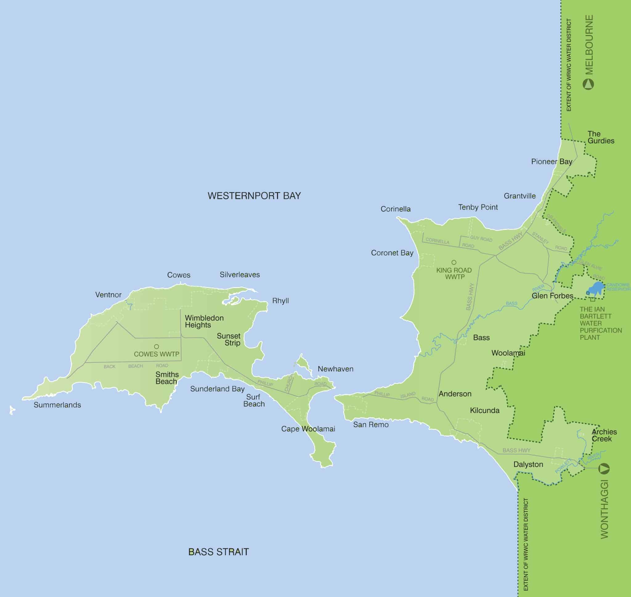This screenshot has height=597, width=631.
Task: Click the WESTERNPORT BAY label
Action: click(254, 196)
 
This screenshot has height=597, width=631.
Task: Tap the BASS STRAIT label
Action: click(218, 551)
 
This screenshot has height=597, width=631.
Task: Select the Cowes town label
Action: click(178, 275)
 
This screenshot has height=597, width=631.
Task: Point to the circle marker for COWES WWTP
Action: click(157, 347)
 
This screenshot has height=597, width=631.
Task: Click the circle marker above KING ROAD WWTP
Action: click(454, 262)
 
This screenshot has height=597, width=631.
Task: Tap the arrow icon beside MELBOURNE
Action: click(588, 84)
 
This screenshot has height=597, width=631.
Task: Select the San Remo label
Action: click(371, 425)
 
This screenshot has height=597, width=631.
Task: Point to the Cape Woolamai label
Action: click(308, 429)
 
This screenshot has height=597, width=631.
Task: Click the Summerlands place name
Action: click(57, 405)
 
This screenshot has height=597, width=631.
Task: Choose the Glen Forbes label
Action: click(552, 296)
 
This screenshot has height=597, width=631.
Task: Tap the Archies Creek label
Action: click(604, 435)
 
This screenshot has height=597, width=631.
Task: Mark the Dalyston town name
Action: click(528, 464)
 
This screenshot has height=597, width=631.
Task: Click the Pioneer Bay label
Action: click(551, 162)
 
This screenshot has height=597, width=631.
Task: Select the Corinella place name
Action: click(396, 209)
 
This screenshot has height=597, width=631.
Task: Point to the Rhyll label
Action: click(280, 301)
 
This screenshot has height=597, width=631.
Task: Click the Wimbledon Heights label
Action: click(204, 321)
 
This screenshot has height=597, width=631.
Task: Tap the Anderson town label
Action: click(455, 394)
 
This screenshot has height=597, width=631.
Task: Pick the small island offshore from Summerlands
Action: click(12, 410)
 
